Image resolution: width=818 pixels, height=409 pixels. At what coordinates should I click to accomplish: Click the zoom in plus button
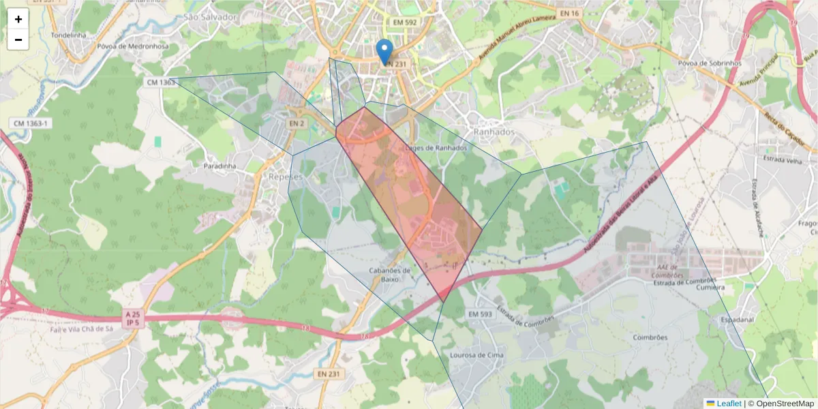(x=18, y=19)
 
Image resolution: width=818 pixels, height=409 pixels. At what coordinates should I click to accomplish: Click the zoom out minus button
(x=18, y=40)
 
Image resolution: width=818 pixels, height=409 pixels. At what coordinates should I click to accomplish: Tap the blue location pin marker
(x=385, y=50)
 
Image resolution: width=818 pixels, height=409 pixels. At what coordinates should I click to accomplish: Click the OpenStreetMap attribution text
(x=781, y=404)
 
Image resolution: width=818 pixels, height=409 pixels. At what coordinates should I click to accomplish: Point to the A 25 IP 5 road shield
(x=133, y=318)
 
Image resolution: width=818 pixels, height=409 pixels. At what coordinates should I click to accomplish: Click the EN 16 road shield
(x=570, y=13)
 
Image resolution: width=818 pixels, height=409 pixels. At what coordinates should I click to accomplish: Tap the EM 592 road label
(x=404, y=22)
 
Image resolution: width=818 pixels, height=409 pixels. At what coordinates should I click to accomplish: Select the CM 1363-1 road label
(x=31, y=123)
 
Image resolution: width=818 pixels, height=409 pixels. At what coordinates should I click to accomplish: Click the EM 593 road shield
(x=481, y=314)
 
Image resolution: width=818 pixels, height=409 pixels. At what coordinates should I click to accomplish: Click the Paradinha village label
(x=219, y=166)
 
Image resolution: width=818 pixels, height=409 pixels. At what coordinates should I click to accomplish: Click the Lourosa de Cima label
(x=476, y=355)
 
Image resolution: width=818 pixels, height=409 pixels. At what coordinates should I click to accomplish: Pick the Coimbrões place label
(x=649, y=337)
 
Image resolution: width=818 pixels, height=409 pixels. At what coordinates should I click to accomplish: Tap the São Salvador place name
(x=210, y=16)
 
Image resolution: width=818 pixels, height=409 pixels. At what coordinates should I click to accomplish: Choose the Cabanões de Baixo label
(x=390, y=274)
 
